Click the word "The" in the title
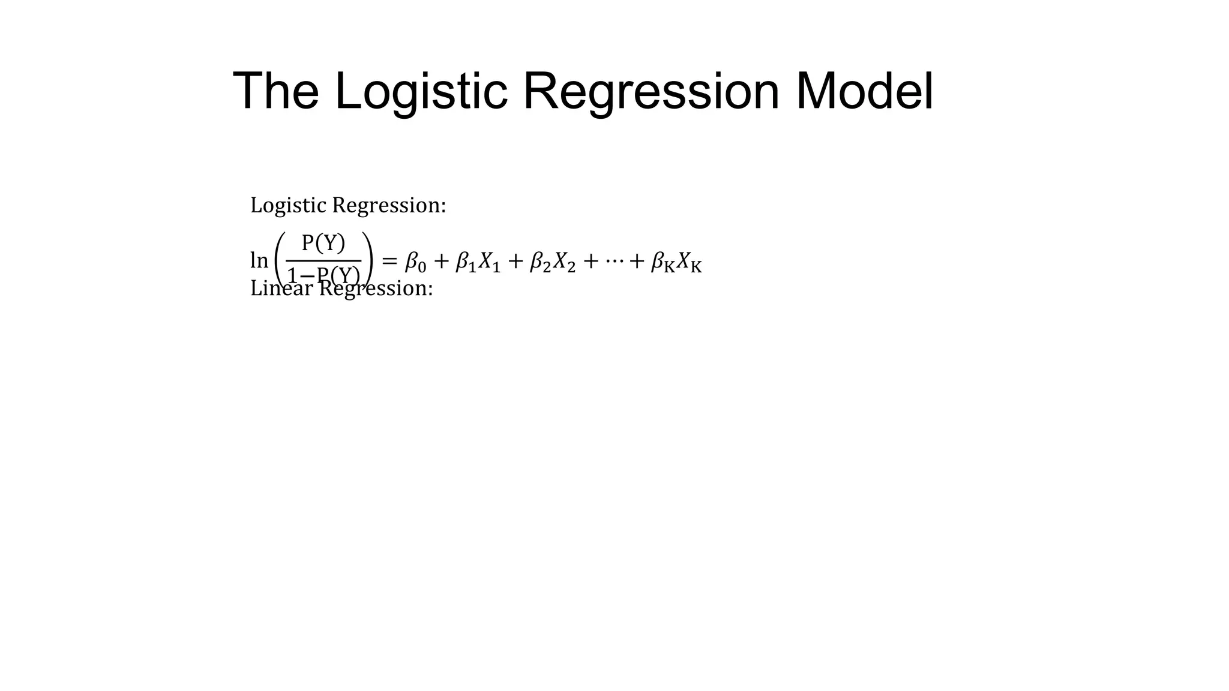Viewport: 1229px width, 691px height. pos(275,91)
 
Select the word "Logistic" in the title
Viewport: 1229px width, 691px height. pos(421,91)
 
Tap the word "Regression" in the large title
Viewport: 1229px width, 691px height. pos(651,91)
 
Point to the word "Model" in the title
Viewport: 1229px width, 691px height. pos(865,91)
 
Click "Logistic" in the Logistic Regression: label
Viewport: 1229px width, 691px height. pos(289,205)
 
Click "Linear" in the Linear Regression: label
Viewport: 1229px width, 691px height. pos(281,289)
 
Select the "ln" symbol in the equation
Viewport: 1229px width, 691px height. pos(259,261)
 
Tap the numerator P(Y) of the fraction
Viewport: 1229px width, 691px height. pos(323,243)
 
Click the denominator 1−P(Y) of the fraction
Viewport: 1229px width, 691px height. pos(323,275)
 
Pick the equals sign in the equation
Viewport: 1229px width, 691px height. pos(389,261)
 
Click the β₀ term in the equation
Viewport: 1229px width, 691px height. pos(415,262)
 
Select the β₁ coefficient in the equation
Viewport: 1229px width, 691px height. pos(466,262)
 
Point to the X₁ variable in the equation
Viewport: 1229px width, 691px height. pos(489,262)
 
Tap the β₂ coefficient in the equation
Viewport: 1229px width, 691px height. pos(540,262)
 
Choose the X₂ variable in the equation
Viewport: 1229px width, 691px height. pos(564,262)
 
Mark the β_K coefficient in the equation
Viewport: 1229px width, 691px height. pos(663,262)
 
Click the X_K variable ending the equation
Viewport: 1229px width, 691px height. pos(689,262)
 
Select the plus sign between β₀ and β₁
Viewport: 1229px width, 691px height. pos(441,261)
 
